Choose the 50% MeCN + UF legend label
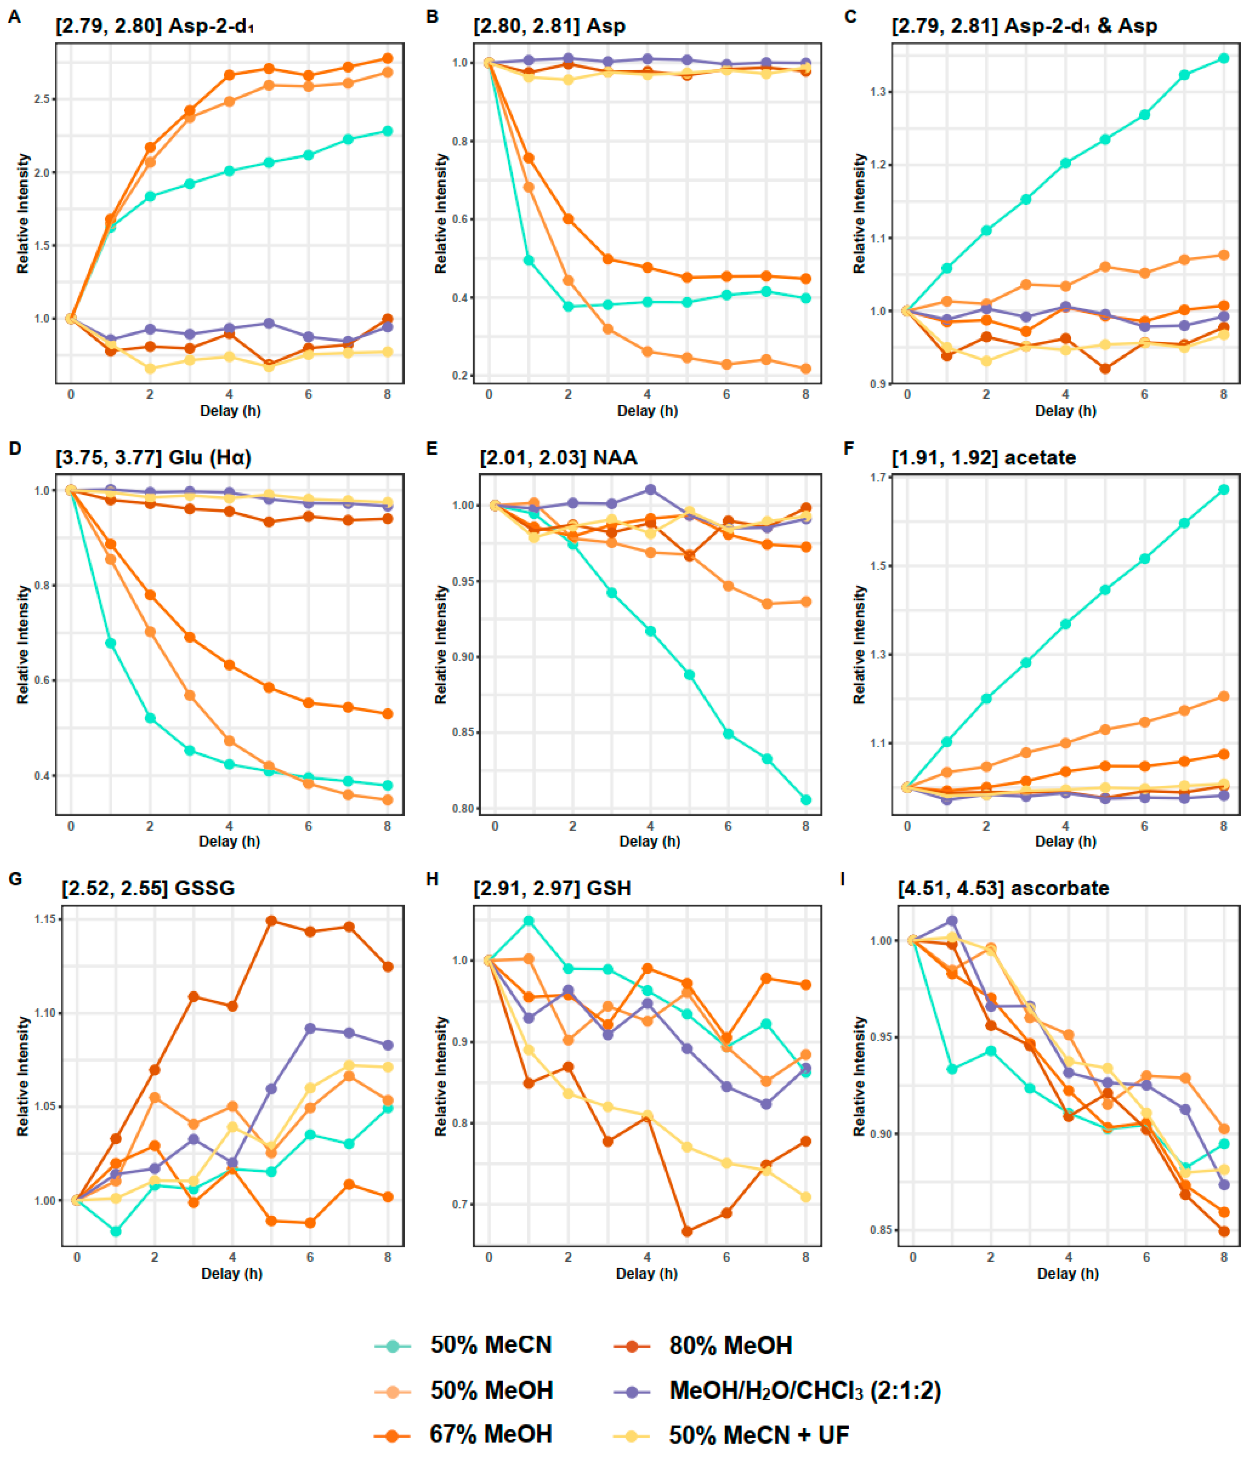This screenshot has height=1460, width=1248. coord(759,1435)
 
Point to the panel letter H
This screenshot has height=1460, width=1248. coord(432,879)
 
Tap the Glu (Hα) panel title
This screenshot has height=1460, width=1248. coord(153,457)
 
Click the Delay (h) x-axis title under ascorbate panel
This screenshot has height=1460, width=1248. coord(1067,1273)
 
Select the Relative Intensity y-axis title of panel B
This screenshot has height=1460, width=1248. coord(441,214)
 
